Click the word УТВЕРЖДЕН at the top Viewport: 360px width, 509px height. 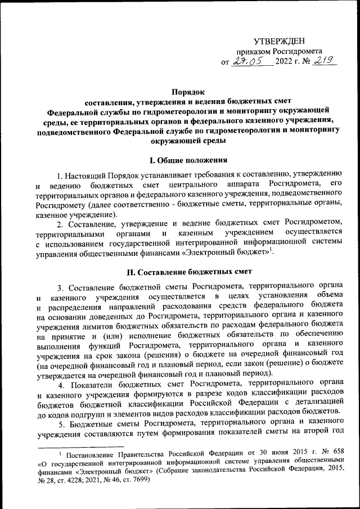[280, 41]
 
